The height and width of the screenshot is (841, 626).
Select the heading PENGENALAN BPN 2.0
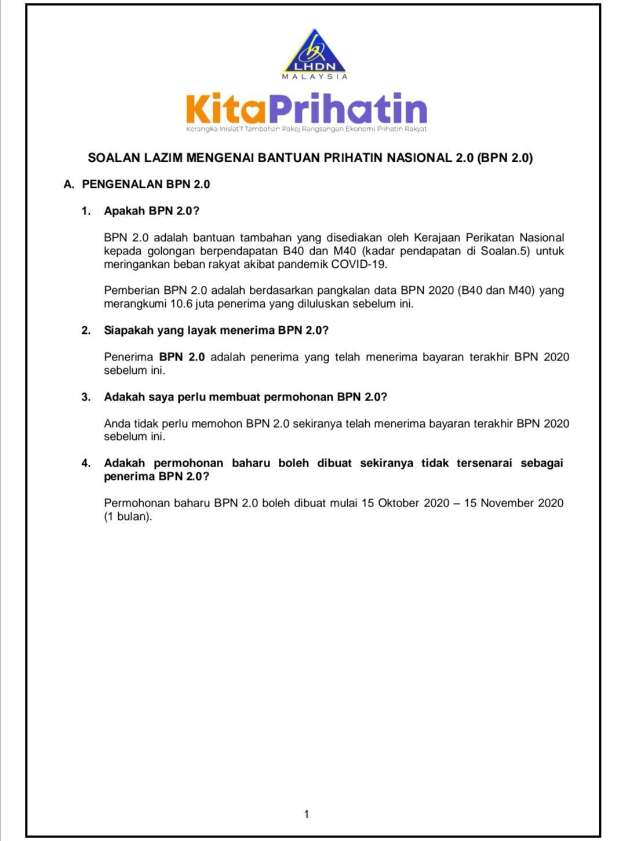tap(146, 184)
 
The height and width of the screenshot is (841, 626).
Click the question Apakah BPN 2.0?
tap(151, 211)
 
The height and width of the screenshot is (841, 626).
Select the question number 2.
tap(86, 330)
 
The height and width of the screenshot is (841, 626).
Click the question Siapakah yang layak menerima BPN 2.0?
tap(216, 330)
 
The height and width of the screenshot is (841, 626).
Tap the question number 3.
tap(86, 397)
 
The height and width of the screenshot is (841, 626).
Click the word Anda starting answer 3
tap(117, 424)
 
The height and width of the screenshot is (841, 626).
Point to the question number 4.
tap(86, 463)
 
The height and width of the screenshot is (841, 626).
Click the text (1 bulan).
tap(128, 516)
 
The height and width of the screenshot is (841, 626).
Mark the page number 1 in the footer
tap(307, 814)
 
